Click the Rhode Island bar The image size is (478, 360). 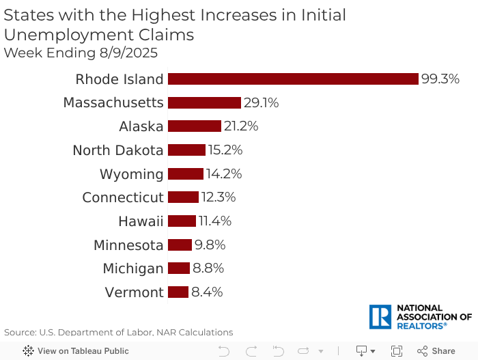click(x=292, y=79)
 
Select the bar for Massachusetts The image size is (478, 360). click(x=204, y=102)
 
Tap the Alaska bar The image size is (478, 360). click(x=194, y=126)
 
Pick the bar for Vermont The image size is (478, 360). click(x=178, y=292)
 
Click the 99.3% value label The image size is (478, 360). click(x=440, y=79)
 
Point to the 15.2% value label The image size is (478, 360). click(x=225, y=150)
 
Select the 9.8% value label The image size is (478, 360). click(x=210, y=245)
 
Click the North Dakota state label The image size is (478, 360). click(x=117, y=150)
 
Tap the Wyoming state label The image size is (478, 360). click(x=131, y=174)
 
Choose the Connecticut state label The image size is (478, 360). click(x=123, y=197)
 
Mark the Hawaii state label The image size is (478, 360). click(x=141, y=221)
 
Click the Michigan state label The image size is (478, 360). click(x=133, y=268)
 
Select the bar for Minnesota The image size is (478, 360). click(x=180, y=245)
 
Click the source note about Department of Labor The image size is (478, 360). click(x=118, y=333)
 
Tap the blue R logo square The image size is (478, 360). click(x=380, y=317)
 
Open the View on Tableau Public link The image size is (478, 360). click(x=76, y=351)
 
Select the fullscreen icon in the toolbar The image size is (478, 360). click(x=397, y=351)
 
